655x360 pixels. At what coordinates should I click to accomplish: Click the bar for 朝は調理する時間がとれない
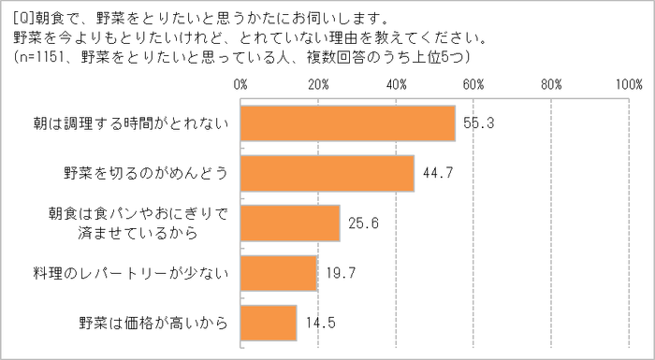pyautogui.click(x=348, y=123)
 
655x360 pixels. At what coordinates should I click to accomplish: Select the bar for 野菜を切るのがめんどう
pyautogui.click(x=327, y=173)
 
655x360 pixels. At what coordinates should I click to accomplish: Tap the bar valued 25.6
pyautogui.click(x=290, y=223)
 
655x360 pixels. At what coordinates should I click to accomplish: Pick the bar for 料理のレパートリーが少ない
pyautogui.click(x=279, y=273)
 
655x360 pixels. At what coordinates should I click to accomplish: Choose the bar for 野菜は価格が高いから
pyautogui.click(x=269, y=324)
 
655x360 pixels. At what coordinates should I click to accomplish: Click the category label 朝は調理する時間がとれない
pyautogui.click(x=139, y=123)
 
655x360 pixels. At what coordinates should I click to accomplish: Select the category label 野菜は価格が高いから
pyautogui.click(x=153, y=324)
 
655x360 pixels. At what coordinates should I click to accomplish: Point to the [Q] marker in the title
pyautogui.click(x=23, y=16)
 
